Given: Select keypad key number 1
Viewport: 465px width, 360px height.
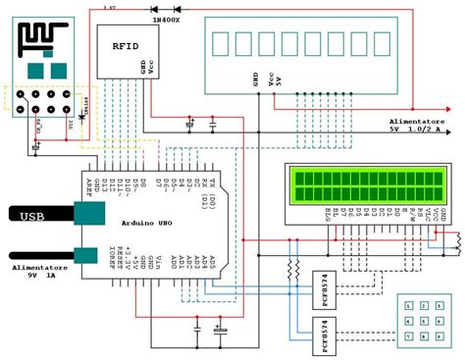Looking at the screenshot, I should [x=408, y=305].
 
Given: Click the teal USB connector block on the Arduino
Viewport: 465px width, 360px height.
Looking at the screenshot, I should [x=89, y=214].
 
